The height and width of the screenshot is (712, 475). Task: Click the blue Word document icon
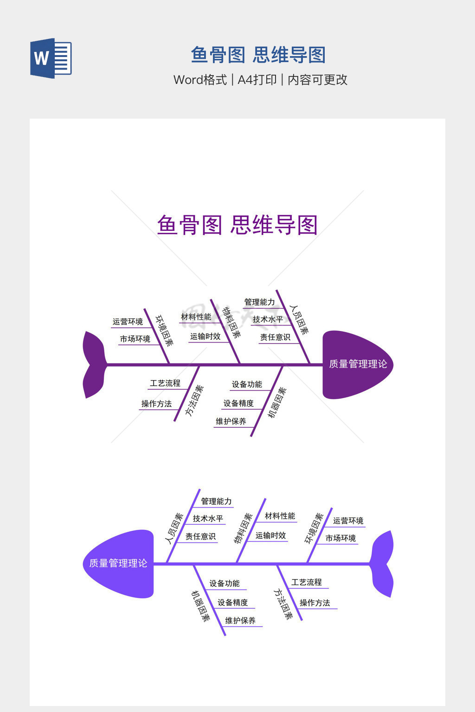(51, 58)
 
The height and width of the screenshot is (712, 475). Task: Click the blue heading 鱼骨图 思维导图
(258, 55)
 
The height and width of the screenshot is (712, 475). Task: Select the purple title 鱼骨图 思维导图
(237, 225)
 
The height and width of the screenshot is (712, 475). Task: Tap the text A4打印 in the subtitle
(257, 79)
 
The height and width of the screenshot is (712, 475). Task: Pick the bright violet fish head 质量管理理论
(118, 564)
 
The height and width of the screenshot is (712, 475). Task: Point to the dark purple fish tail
(95, 365)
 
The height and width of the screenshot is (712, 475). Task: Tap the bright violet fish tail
(382, 564)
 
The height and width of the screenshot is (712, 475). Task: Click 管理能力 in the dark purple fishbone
(259, 302)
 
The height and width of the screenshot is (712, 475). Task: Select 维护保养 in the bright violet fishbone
(240, 621)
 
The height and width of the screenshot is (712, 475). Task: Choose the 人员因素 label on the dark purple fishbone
(299, 320)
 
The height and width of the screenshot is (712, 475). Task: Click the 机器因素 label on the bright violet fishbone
(200, 606)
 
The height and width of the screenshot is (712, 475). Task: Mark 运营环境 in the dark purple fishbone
(128, 322)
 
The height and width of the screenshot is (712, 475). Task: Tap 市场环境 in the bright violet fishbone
(340, 538)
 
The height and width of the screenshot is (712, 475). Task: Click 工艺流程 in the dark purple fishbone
(165, 383)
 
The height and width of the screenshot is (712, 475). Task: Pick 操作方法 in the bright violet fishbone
(315, 603)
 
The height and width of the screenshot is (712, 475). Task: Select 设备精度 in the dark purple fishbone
(238, 403)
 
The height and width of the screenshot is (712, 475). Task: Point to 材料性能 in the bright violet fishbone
(280, 516)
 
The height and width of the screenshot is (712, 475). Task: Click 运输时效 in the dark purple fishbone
(205, 336)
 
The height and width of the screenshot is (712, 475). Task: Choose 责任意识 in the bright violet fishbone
(200, 536)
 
